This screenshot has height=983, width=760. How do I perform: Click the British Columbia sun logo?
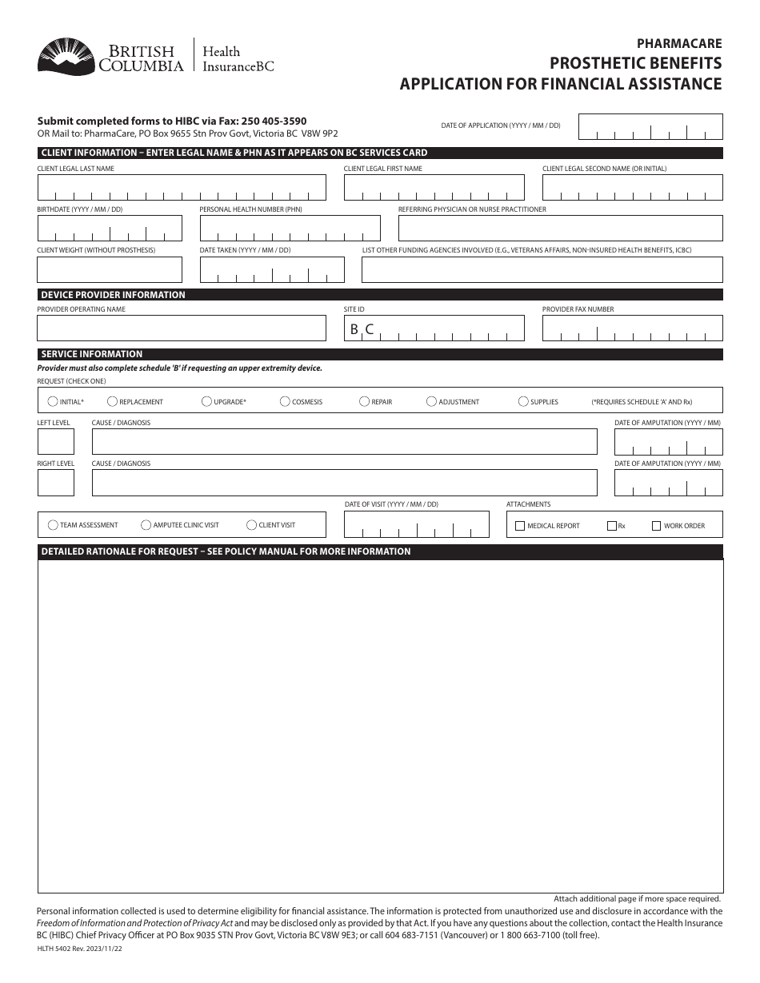click(64, 56)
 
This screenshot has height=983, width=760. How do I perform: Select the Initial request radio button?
click(53, 401)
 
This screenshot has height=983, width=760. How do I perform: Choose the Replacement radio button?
click(113, 401)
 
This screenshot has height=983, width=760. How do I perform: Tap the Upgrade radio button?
click(207, 401)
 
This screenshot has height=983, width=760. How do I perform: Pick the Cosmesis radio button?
click(286, 401)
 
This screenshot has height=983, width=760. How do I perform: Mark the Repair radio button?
click(365, 401)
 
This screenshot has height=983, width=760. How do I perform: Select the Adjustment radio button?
click(432, 401)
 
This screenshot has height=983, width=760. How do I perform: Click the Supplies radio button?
click(524, 401)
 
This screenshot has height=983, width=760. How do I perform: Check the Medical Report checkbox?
click(520, 526)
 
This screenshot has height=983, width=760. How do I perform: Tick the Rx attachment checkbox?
click(612, 526)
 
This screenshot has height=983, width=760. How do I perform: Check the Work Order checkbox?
click(657, 526)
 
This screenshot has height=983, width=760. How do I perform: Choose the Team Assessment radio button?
click(53, 525)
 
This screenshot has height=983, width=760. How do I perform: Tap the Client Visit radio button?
click(252, 525)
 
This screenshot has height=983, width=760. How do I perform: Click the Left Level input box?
click(56, 442)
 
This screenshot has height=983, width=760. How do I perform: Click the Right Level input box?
click(56, 483)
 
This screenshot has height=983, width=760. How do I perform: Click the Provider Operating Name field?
click(182, 328)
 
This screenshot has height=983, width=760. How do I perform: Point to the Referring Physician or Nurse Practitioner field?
click(560, 229)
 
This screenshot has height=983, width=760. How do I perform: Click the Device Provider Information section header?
click(113, 295)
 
